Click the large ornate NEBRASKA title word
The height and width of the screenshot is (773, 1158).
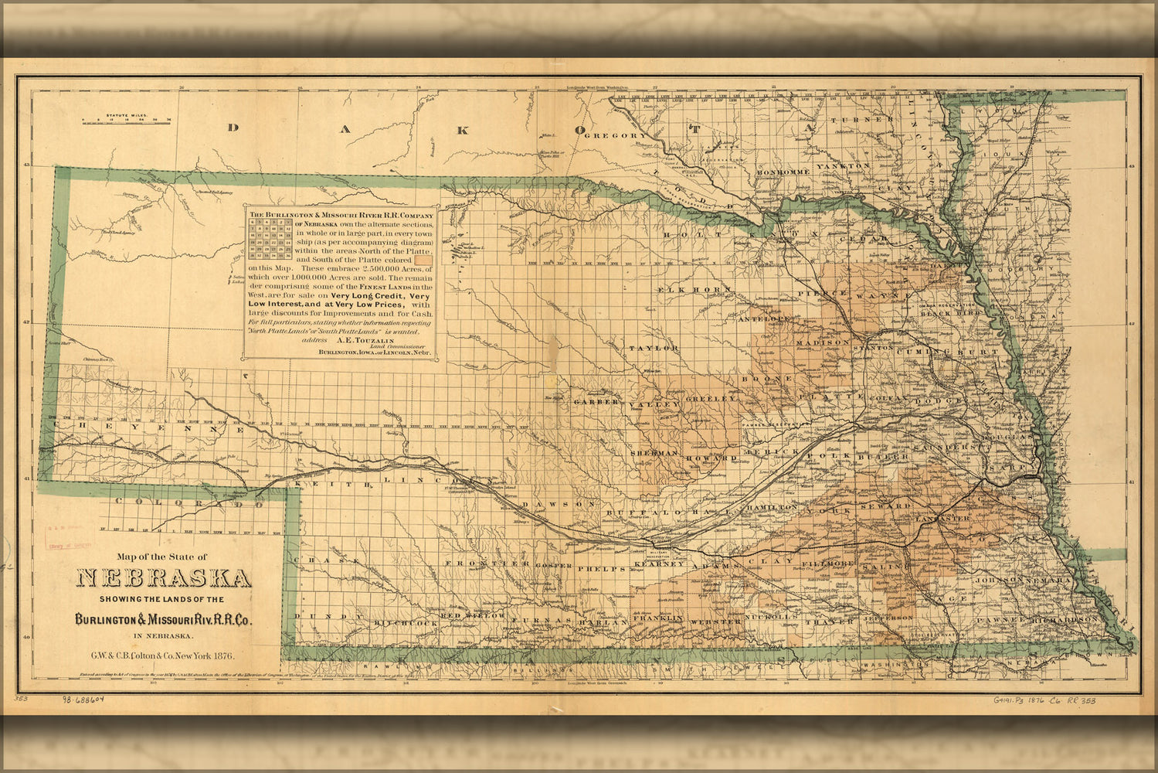163,579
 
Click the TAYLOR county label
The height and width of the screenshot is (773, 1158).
653,349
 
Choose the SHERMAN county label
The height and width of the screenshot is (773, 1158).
654,452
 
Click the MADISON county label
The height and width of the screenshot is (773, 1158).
822,342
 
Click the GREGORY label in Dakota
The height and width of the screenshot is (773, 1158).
615,136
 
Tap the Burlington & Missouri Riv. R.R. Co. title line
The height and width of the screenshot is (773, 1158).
163,619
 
